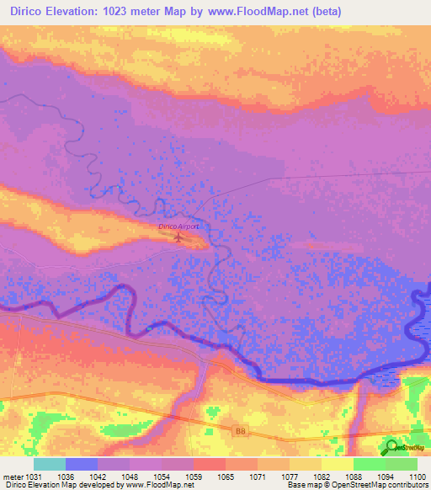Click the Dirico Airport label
tap(178, 227)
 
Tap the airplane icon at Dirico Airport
tap(178, 237)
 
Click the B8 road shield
tap(241, 430)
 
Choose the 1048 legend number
tap(130, 476)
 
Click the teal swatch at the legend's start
tap(50, 464)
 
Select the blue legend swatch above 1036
tap(82, 464)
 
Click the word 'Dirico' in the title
tap(26, 12)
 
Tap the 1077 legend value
tap(274, 476)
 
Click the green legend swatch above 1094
tap(370, 464)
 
